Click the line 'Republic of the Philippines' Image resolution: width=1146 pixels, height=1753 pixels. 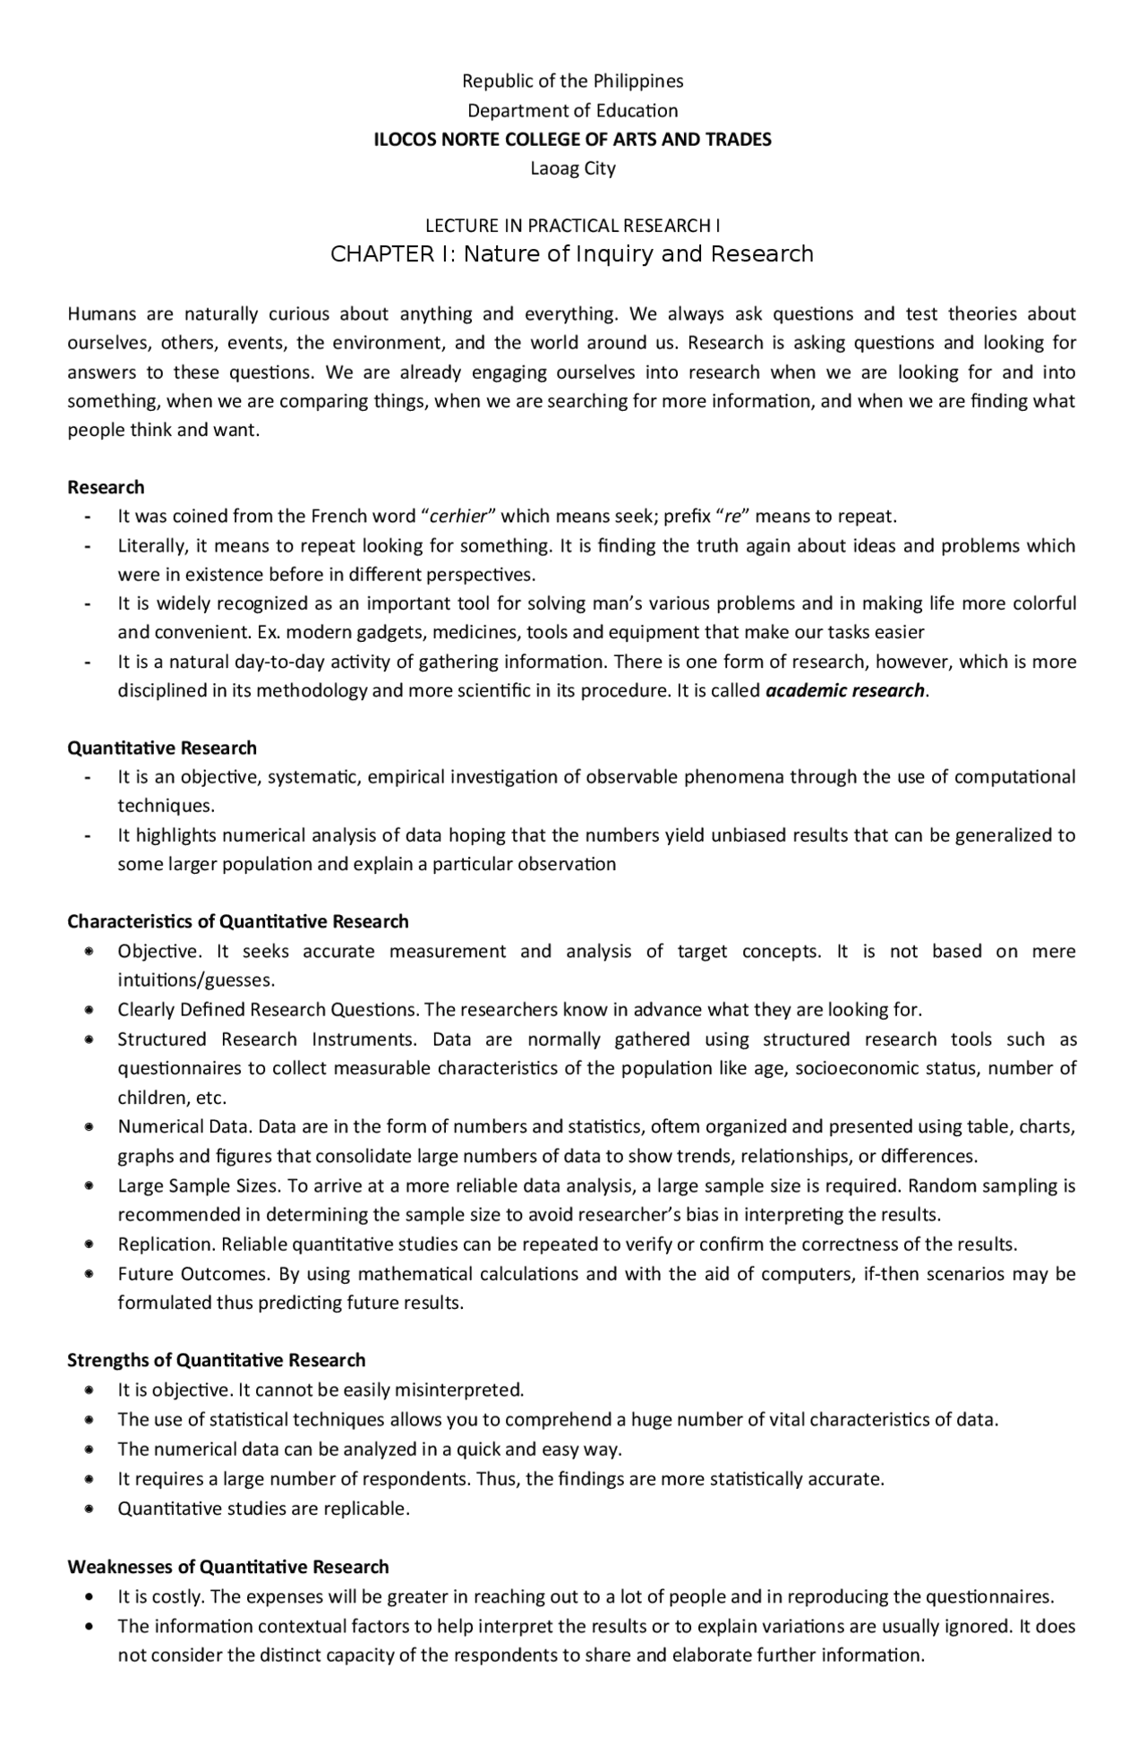tap(572, 81)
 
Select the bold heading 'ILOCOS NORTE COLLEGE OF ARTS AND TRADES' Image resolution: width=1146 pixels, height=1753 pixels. tap(572, 140)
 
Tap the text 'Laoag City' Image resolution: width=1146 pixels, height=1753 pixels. tap(572, 168)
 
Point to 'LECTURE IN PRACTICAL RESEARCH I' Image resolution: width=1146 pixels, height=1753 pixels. tap(572, 226)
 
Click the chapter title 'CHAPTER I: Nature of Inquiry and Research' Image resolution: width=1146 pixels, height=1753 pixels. tap(572, 254)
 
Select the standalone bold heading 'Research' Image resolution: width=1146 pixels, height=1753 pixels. tap(106, 487)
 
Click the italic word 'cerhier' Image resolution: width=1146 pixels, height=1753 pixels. tap(458, 517)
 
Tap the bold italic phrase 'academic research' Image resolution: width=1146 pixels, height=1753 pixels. tap(844, 690)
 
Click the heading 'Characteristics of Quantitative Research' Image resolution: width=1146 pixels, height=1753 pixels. tap(238, 921)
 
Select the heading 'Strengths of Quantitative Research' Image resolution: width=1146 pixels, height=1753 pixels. tap(217, 1360)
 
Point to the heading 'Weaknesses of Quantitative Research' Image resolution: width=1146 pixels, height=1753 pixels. tap(228, 1567)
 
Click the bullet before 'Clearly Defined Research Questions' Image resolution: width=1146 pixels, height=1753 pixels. tap(90, 1010)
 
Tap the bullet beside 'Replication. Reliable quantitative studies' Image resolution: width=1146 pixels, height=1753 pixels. tap(90, 1244)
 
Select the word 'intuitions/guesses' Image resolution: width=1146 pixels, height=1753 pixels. tap(195, 980)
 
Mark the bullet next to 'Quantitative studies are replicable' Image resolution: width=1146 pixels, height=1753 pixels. tap(90, 1509)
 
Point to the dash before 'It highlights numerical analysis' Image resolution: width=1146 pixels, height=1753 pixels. tap(88, 836)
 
